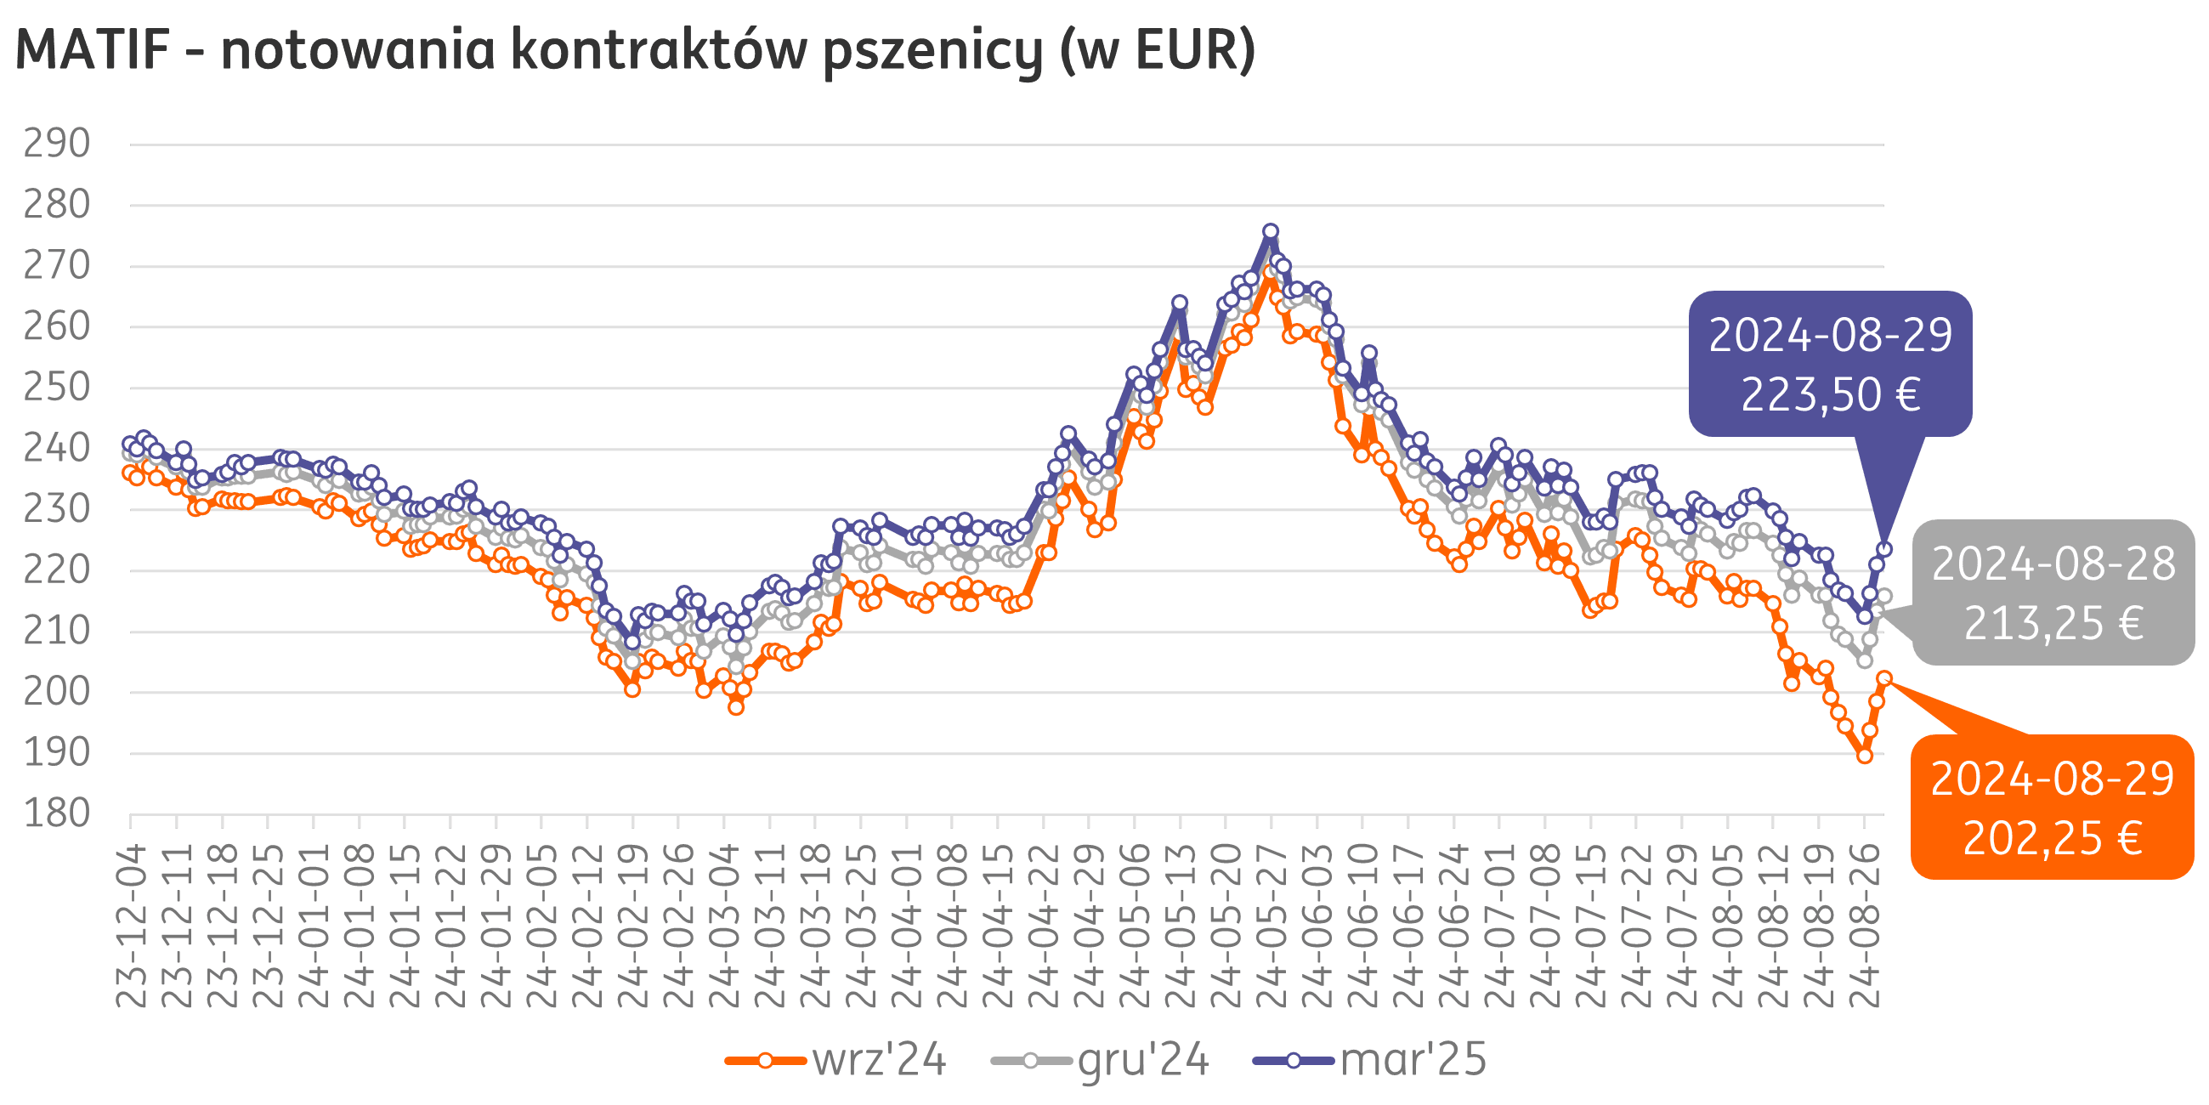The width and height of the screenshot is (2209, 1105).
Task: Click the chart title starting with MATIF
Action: point(635,50)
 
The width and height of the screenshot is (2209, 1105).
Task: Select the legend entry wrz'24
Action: point(879,1060)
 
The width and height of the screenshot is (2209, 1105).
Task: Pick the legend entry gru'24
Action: point(1143,1060)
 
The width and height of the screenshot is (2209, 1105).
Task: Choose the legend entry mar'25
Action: point(1413,1060)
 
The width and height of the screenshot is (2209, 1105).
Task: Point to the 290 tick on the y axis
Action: point(57,144)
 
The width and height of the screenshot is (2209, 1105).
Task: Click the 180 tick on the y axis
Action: point(57,813)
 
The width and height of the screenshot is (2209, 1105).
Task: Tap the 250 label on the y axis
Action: point(57,388)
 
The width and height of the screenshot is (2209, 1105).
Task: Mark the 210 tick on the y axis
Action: point(57,632)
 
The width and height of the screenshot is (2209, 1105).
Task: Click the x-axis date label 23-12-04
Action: point(131,926)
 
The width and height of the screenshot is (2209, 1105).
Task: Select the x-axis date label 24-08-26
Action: point(1864,926)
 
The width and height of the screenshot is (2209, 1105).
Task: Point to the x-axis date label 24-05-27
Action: point(1271,926)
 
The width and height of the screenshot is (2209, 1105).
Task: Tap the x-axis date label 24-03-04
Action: point(725,926)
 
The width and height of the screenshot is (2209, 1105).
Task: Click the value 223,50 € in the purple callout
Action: point(1830,395)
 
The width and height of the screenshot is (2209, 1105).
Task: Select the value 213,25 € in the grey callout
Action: point(2053,624)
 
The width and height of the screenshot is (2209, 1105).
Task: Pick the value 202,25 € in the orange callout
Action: point(2052,838)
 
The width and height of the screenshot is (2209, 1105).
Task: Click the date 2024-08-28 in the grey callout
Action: point(2053,564)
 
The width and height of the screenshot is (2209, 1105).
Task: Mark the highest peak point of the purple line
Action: point(1271,232)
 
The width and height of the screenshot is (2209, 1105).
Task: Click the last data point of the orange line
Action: point(1885,677)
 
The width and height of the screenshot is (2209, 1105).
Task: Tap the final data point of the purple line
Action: point(1885,550)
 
